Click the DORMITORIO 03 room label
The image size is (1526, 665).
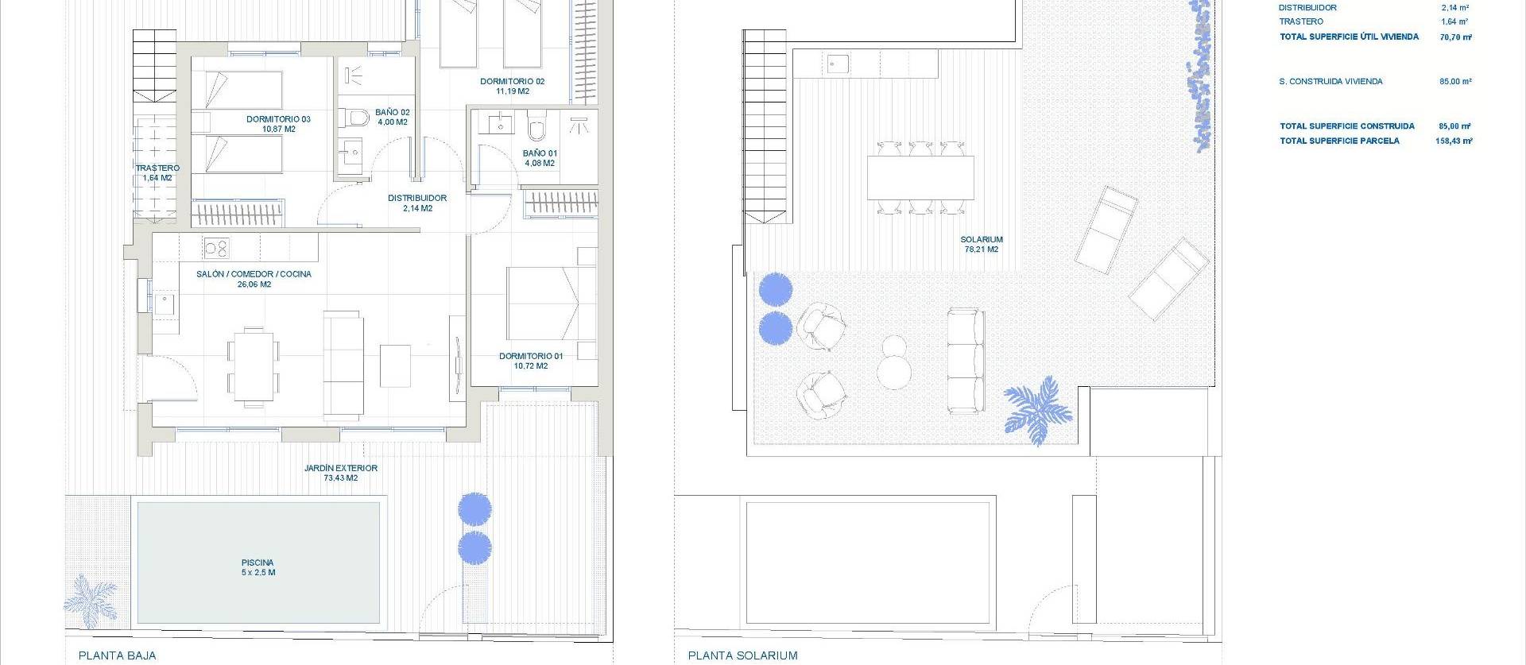278,124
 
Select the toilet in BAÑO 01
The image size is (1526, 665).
537,127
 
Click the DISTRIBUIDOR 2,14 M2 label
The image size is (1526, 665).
417,203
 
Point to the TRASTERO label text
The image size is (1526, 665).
157,168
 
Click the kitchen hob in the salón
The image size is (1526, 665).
216,248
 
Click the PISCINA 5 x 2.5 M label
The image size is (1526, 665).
258,567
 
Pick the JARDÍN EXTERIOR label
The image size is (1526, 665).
340,473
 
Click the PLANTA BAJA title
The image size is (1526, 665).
118,655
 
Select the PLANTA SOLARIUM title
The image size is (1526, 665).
742,655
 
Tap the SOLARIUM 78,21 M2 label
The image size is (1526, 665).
982,244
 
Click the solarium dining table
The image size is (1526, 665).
920,178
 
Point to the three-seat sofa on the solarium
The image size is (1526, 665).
966,361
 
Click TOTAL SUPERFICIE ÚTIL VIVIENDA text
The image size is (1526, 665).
1349,37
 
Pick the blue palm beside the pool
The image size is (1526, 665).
91,600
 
